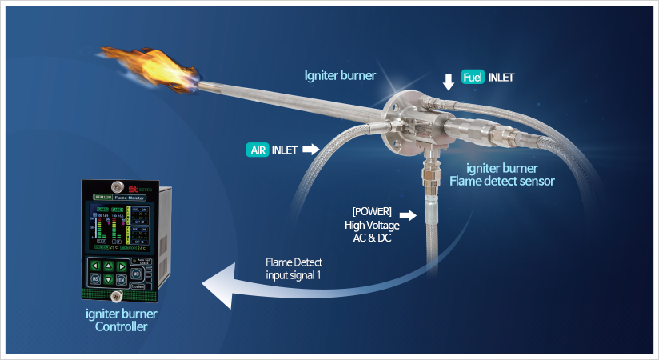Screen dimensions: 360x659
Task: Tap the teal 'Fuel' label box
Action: pos(473,78)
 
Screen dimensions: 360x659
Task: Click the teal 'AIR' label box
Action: pos(258,149)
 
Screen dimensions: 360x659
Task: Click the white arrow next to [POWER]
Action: pos(408,215)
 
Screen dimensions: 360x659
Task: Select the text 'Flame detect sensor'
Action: pos(501,182)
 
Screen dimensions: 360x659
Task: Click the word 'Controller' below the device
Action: pos(122,326)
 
